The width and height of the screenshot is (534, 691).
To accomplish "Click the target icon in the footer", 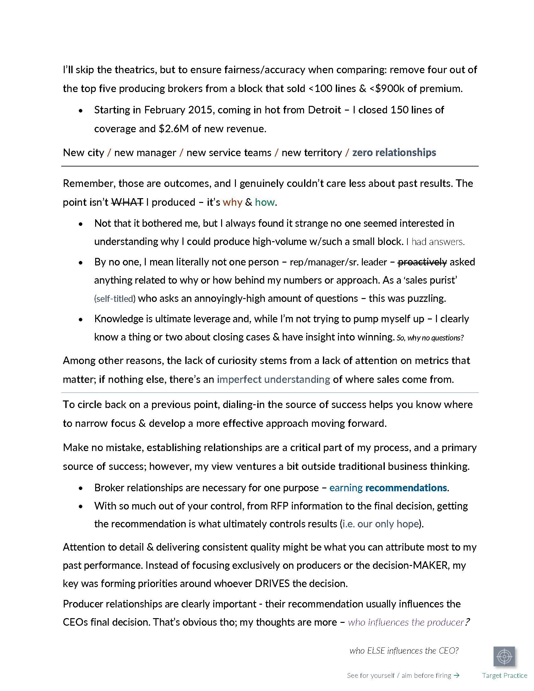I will (504, 656).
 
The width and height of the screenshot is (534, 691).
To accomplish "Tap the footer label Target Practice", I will (504, 676).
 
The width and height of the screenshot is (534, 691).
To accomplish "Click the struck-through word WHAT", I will (128, 202).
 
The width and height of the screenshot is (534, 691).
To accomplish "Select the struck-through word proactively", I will (422, 262).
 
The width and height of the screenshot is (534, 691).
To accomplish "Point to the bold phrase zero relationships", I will (394, 153).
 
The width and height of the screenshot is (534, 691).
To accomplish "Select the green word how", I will (265, 202).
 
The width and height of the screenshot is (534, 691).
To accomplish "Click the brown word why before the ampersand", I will (232, 202).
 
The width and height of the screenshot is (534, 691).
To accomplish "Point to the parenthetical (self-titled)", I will (115, 299).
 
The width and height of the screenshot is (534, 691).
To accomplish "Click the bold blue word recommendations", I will (406, 487).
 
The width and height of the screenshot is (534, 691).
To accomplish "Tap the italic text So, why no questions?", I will (430, 338).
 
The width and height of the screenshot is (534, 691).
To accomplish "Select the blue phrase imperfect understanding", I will (273, 379).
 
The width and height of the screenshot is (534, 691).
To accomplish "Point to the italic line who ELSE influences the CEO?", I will (404, 650).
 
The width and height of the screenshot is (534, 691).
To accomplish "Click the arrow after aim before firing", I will (456, 676).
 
